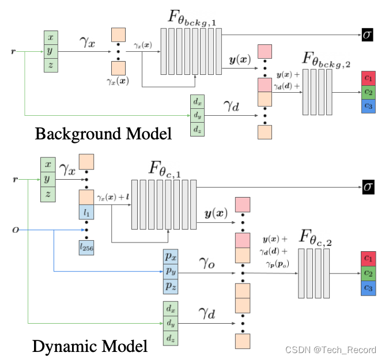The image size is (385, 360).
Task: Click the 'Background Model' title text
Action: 103,134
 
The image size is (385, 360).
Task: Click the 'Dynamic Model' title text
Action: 89,346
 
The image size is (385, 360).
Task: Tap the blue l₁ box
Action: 86,213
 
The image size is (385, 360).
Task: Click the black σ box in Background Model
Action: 367,34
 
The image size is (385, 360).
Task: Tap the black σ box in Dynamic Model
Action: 367,187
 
